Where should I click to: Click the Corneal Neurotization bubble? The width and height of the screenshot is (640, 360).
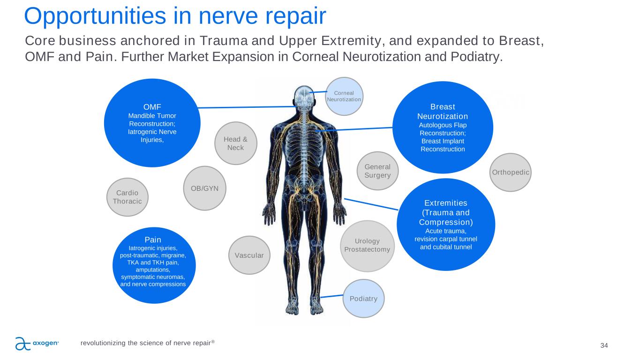(x=344, y=96)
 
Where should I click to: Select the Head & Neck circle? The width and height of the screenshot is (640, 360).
(x=235, y=143)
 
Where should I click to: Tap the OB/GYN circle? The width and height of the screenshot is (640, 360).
(x=205, y=188)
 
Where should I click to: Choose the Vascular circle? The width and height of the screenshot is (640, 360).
(x=249, y=255)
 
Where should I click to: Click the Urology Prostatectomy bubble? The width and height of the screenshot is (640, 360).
(x=367, y=245)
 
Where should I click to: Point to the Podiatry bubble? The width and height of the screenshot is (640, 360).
(x=363, y=299)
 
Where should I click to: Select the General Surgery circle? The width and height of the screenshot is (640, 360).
(x=377, y=171)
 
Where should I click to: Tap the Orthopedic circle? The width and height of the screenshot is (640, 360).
(x=510, y=172)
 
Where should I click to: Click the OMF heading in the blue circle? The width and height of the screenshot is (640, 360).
(x=152, y=106)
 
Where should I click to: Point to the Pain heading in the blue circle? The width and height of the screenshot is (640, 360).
(x=153, y=240)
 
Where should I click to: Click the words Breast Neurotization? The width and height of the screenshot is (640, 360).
(x=443, y=111)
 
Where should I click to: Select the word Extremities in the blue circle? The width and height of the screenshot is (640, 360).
(x=445, y=203)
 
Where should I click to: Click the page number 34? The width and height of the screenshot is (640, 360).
(x=604, y=345)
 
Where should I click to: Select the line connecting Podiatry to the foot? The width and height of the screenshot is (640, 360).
(x=332, y=296)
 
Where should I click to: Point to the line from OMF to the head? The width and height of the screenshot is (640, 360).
(x=246, y=107)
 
